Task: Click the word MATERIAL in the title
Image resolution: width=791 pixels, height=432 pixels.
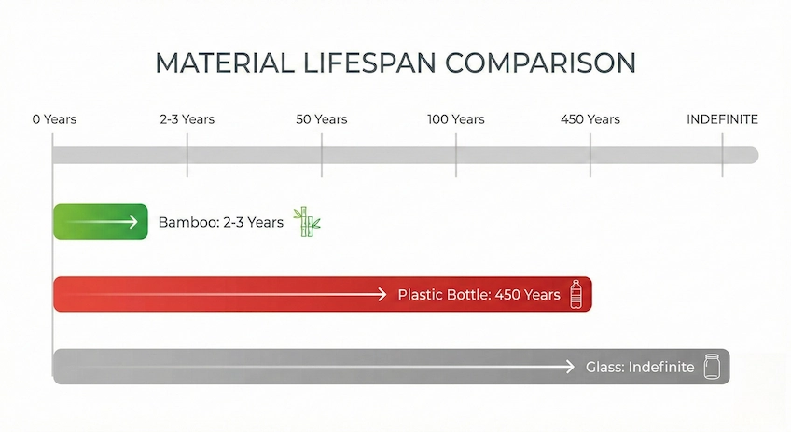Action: click(217, 63)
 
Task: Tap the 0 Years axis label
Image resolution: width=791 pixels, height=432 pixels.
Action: click(54, 119)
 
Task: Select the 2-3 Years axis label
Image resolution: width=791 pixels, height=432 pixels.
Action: click(187, 119)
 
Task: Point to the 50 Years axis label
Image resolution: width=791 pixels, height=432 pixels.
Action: click(322, 119)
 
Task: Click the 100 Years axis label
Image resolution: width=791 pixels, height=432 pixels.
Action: click(456, 119)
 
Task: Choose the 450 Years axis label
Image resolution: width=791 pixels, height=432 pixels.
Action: click(590, 119)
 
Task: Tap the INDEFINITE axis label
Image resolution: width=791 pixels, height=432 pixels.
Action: click(722, 119)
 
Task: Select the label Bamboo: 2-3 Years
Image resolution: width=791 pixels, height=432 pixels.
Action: click(220, 222)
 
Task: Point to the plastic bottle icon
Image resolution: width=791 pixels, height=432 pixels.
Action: click(576, 293)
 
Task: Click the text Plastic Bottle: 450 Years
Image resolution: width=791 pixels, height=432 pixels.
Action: click(479, 295)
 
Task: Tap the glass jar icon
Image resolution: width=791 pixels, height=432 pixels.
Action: click(714, 366)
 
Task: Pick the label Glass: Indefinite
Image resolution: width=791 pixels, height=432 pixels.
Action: click(640, 367)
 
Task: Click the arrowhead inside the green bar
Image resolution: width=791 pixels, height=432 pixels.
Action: click(135, 221)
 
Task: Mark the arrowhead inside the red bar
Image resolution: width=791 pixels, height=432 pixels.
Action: click(381, 294)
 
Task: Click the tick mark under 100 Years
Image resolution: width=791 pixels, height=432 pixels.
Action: click(456, 155)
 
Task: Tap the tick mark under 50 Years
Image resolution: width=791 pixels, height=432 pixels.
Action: click(322, 155)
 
